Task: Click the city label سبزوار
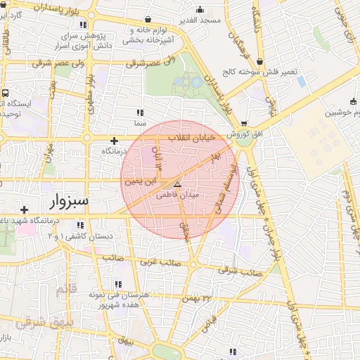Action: coord(69,202)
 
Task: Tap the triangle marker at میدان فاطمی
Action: coord(177,184)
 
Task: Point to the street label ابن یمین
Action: coord(138,181)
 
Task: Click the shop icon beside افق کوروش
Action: coord(244,123)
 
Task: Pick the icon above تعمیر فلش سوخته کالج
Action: coord(261,62)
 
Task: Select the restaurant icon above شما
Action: coord(140,112)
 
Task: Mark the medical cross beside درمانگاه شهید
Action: coord(25,210)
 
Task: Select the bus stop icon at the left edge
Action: coord(5,92)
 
